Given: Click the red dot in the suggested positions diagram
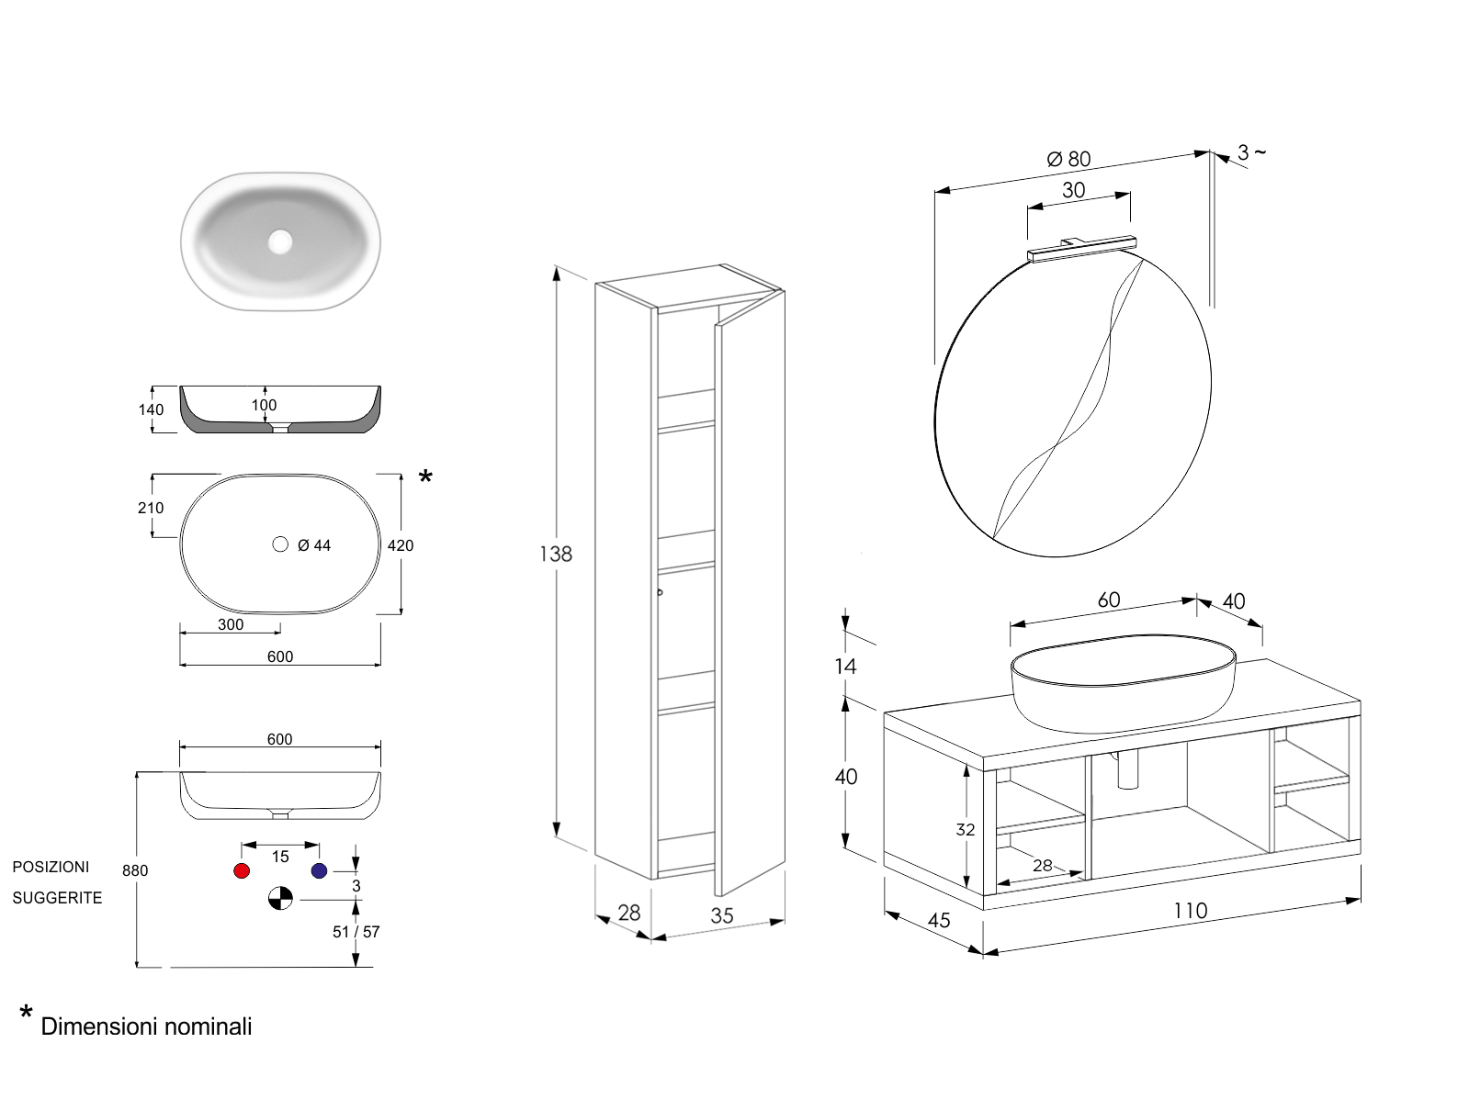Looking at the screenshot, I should pos(242,870).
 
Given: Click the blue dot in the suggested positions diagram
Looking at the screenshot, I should pos(319,870).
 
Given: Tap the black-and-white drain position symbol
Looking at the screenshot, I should pos(280,899).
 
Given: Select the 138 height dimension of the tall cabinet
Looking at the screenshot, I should pos(556,554).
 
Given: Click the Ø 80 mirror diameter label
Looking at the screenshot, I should pos(1068,159).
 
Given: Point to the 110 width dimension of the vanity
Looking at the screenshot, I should pos(1190,911).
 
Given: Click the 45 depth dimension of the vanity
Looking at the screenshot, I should pos(939,920).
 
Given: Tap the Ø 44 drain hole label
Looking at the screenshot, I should pos(314,545).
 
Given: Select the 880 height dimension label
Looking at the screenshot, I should pos(135,870).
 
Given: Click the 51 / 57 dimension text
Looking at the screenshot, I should pos(356,932).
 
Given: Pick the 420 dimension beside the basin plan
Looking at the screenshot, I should pos(401,545).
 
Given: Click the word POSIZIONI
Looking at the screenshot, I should pos(51,867).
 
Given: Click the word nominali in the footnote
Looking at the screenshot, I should pos(209,1026).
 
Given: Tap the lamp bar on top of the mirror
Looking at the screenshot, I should pos(1082,249).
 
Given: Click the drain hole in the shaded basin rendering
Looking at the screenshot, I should pos(280,241).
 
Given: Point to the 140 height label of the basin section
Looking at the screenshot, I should pos(152,409).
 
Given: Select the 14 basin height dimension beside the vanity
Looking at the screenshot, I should pos(845,666).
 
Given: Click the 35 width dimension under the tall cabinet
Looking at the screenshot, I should pos(722,915).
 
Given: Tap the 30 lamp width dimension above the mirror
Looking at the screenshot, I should pos(1073,190).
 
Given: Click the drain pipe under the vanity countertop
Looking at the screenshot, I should pos(1128,769).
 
